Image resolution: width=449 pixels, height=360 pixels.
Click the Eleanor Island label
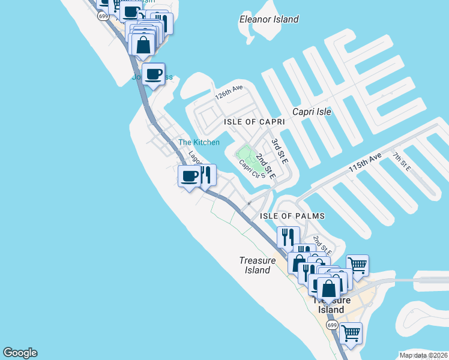[269, 19]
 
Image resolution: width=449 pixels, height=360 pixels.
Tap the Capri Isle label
[312, 112]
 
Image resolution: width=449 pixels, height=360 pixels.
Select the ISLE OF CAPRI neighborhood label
[254, 122]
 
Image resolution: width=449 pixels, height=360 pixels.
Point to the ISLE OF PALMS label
[292, 216]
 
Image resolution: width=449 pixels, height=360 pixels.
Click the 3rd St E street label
[280, 152]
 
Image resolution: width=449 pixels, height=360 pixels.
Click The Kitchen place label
[199, 142]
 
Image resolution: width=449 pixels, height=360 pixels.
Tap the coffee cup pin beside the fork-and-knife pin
[190, 176]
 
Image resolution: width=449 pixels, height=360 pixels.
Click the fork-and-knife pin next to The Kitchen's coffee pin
[206, 175]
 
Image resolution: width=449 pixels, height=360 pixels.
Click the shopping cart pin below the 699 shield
[351, 332]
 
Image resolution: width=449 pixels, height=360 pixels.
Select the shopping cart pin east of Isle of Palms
[358, 265]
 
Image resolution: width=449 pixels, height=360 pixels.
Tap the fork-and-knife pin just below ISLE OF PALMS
[288, 236]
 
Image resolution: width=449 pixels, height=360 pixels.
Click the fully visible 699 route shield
[332, 325]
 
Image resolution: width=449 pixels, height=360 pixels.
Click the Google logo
[20, 353]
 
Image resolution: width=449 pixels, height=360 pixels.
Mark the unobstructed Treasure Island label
[258, 265]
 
